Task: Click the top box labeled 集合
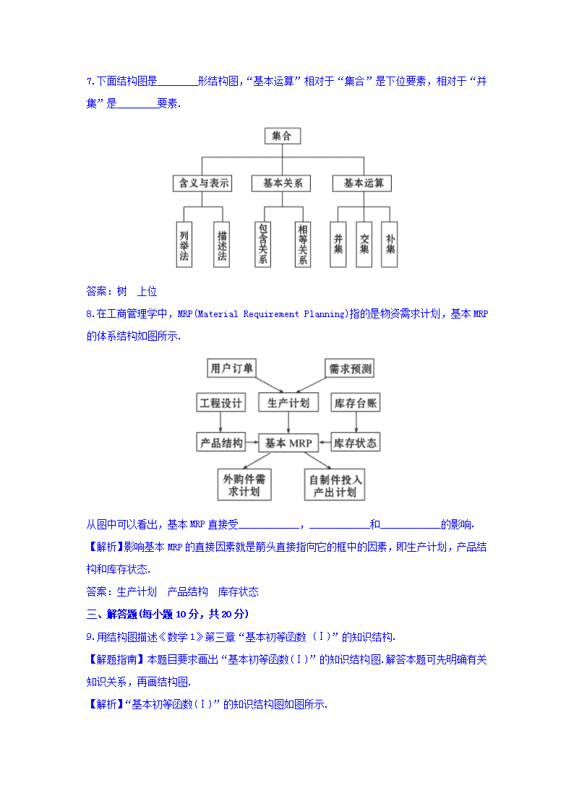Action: pos(282,136)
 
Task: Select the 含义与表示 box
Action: pos(202,183)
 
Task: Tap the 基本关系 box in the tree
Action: pos(281,183)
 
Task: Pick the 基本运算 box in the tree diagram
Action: pos(362,183)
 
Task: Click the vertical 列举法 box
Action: pos(184,244)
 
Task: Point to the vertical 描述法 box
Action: pos(221,244)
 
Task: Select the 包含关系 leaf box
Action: pos(263,244)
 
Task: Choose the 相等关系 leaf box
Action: pos(302,244)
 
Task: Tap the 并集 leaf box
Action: pos(338,244)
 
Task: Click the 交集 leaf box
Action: pos(364,244)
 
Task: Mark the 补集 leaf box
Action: pos(389,244)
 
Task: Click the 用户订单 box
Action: pos(231,368)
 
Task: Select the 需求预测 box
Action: pos(349,368)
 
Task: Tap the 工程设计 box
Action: pos(221,402)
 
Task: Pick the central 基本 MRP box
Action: pos(288,443)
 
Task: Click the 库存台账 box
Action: pos(356,402)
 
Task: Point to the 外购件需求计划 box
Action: pos(244,485)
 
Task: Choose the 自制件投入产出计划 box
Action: pos(335,485)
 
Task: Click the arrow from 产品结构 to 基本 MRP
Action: pos(252,443)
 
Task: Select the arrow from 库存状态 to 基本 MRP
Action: pos(325,443)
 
